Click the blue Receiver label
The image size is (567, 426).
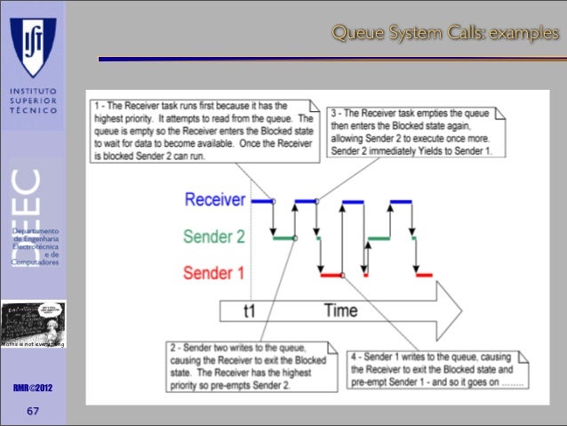tap(215, 200)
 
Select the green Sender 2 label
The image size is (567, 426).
tap(214, 237)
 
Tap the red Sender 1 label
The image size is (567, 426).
tap(214, 273)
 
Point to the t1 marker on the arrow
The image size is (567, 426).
tap(255, 311)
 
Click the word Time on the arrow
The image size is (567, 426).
tap(340, 310)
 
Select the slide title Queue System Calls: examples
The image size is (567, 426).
tap(445, 34)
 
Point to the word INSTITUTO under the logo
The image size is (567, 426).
tap(32, 91)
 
